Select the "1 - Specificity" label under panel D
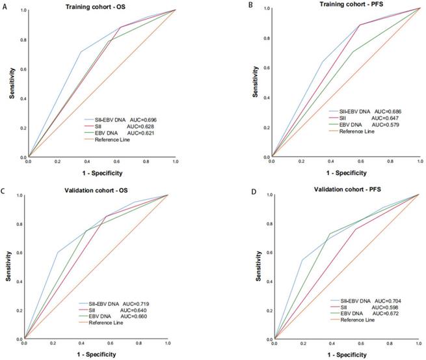click(x=346, y=355)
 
